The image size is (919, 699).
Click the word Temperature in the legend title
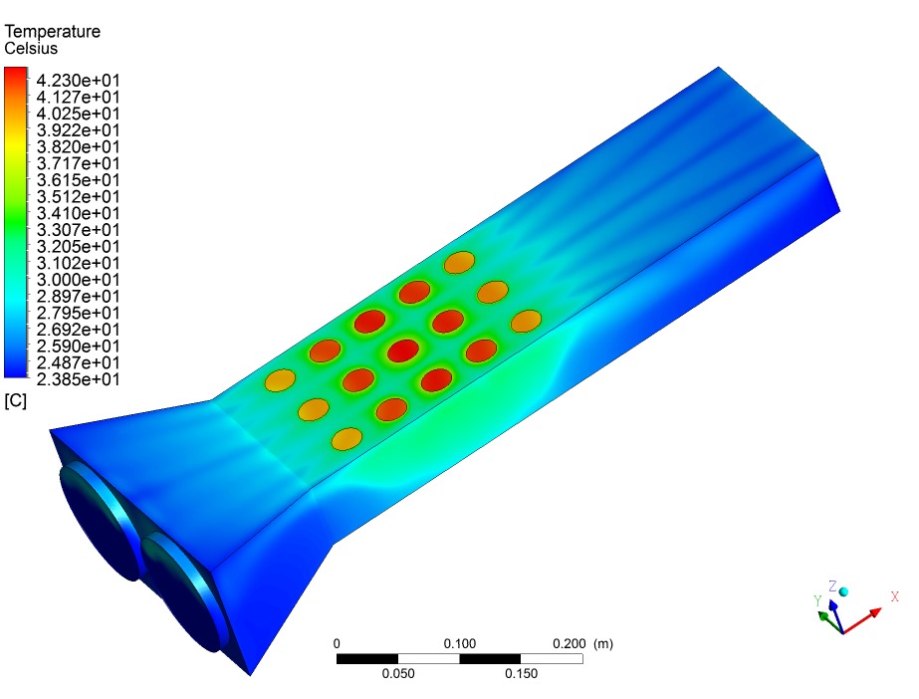pos(52,31)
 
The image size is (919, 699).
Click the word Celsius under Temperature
pos(31,48)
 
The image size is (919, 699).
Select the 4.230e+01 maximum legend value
pos(78,81)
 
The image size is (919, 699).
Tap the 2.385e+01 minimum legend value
pos(78,379)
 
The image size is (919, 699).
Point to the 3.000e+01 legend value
pos(78,280)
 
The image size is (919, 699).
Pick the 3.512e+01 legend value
pos(78,197)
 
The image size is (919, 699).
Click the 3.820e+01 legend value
pos(78,147)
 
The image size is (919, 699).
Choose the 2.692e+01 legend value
pos(78,330)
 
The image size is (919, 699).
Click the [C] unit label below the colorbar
pos(15,400)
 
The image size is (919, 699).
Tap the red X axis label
pos(894,596)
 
